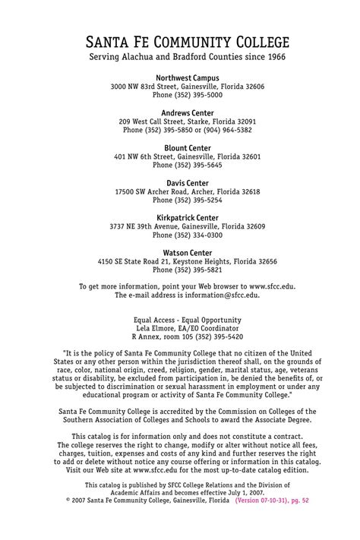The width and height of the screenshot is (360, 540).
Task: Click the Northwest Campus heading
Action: [187, 78]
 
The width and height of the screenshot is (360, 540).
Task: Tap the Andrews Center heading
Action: [187, 112]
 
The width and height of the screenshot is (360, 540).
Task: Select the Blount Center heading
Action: [187, 147]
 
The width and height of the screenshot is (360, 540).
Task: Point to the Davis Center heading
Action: [187, 183]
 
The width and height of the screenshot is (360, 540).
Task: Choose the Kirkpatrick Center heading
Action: [187, 217]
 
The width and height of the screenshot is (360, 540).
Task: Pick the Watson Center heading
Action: [187, 252]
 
